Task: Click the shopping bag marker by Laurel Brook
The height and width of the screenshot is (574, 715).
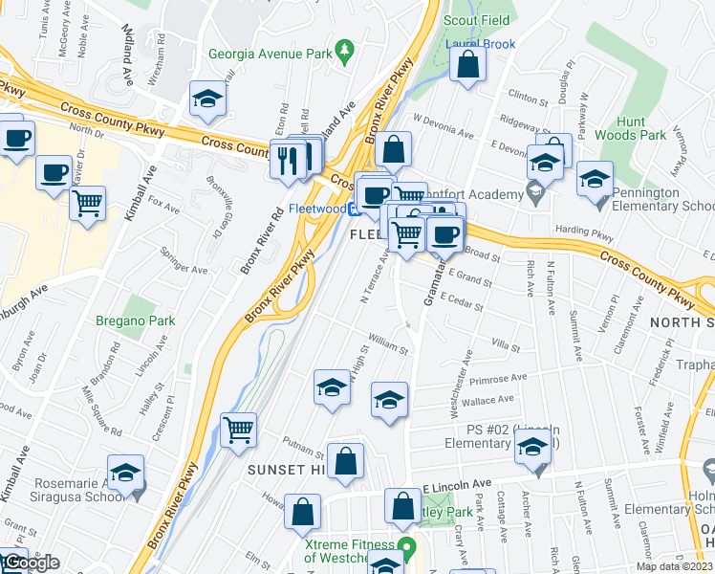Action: click(x=468, y=64)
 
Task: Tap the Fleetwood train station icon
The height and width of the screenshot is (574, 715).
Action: click(x=353, y=209)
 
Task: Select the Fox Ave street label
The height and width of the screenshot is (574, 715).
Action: click(x=163, y=206)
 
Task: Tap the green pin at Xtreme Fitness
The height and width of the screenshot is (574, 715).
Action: click(x=406, y=549)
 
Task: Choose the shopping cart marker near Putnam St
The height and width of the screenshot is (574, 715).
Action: click(x=238, y=430)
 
